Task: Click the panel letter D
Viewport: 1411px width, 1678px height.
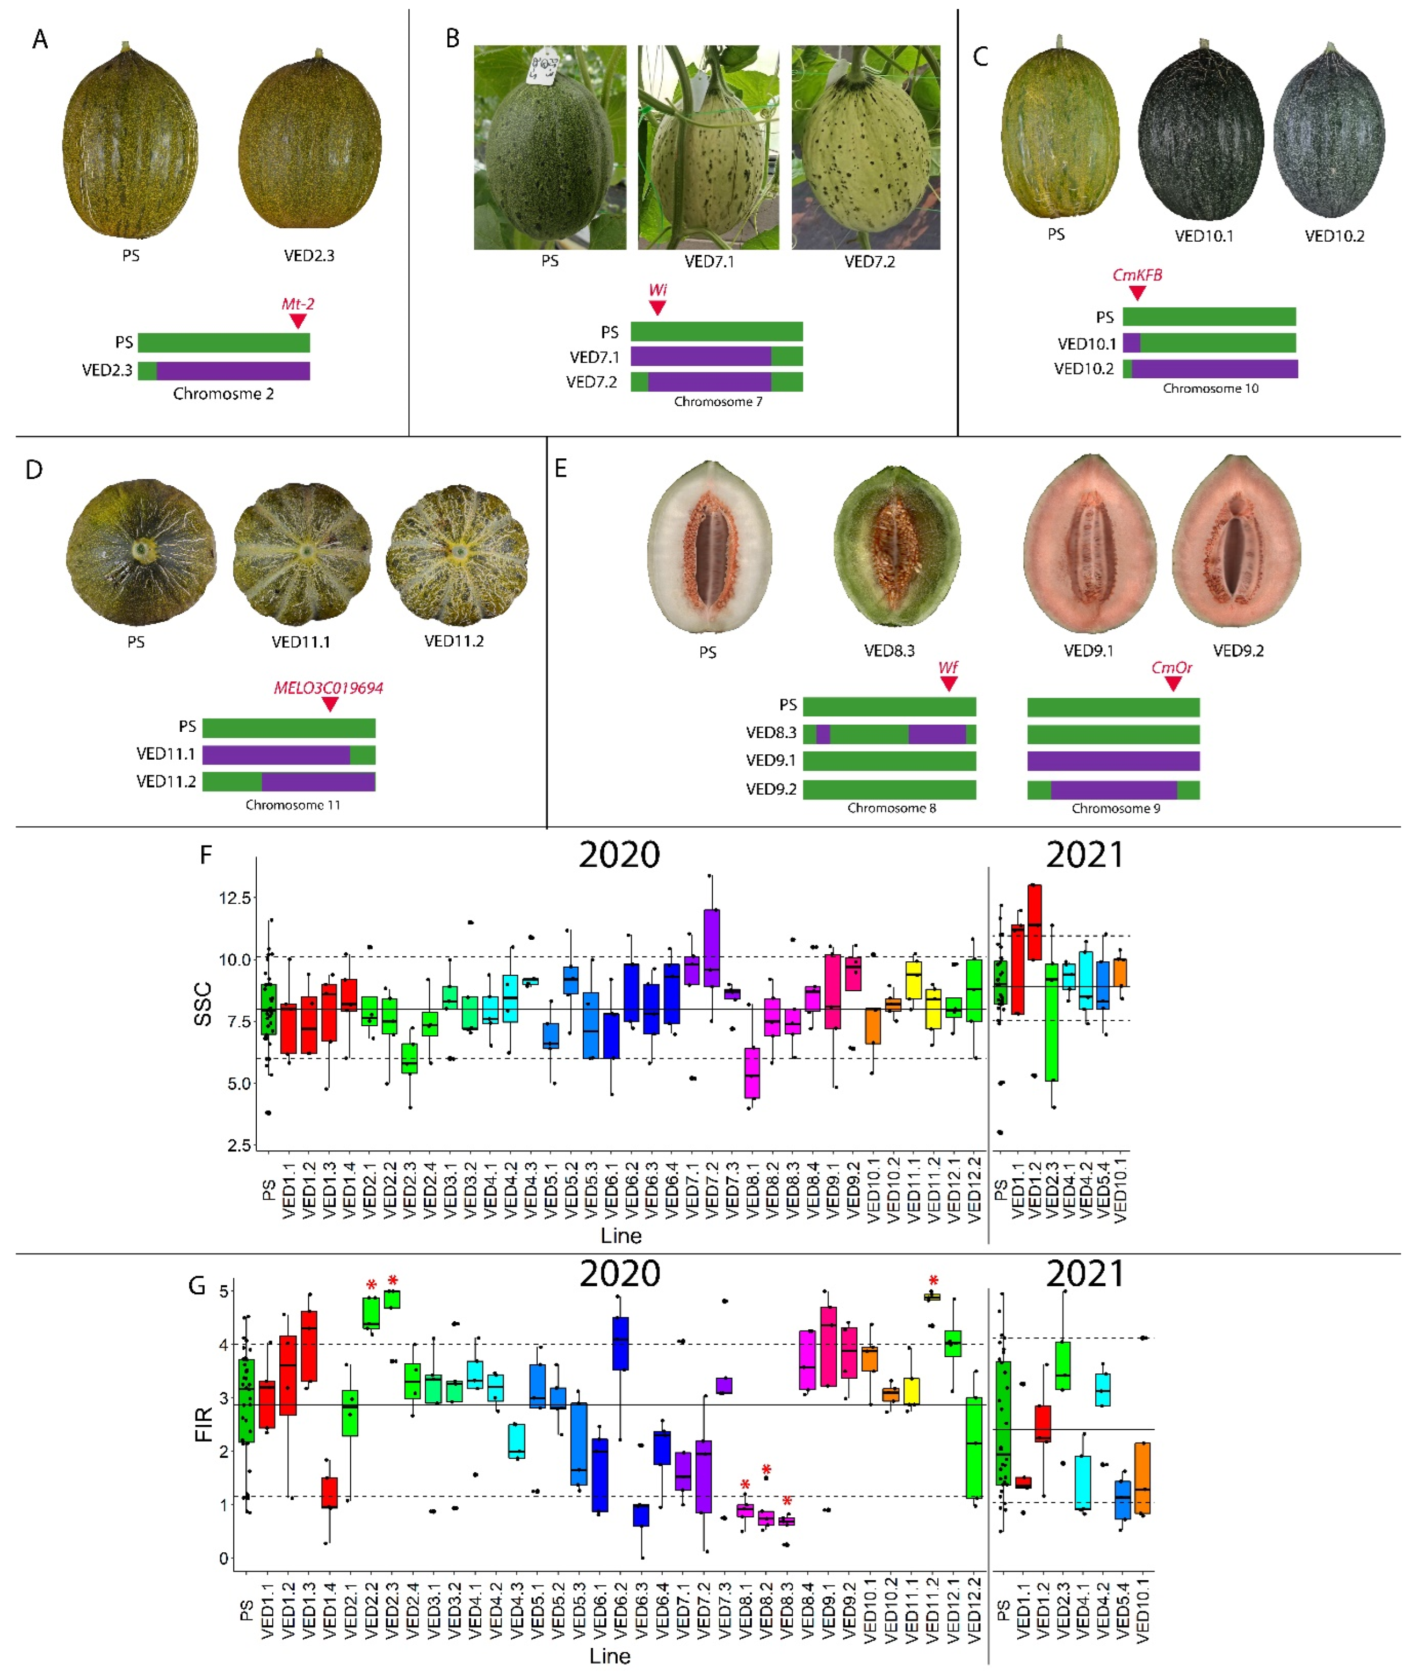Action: click(34, 470)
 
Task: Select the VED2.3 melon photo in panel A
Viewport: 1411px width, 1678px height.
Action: click(309, 144)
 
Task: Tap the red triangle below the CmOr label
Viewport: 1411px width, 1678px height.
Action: click(1172, 684)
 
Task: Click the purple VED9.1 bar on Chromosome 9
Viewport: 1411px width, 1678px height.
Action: click(1113, 761)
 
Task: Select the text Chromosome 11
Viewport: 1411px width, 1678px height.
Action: click(293, 805)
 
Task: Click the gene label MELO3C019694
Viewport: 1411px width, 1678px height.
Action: click(328, 688)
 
